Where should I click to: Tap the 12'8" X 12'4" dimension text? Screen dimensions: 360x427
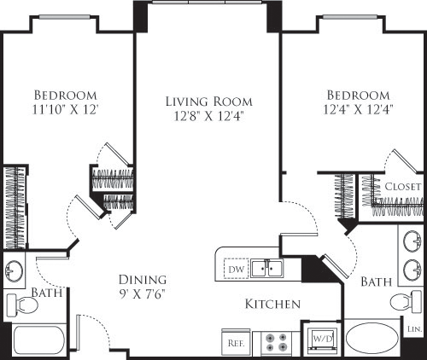pyautogui.click(x=207, y=118)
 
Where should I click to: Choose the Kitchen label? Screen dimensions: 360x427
pyautogui.click(x=272, y=304)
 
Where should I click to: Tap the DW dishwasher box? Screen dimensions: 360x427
pyautogui.click(x=237, y=270)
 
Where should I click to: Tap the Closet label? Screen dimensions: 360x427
pyautogui.click(x=402, y=186)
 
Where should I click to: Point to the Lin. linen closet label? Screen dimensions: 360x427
pyautogui.click(x=414, y=328)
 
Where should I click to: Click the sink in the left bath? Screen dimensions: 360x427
pyautogui.click(x=15, y=271)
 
